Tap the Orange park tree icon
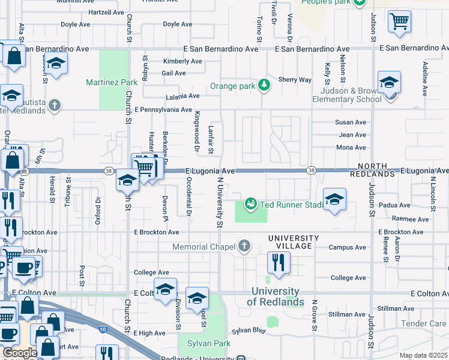pos(264,86)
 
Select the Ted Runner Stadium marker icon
pos(252,204)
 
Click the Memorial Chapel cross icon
pos(244,245)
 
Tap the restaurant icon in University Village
pos(279,262)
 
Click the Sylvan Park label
pos(197,343)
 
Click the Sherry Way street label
pos(295,80)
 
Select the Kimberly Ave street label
pos(182,61)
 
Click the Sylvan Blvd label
pos(249,331)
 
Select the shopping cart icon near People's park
pos(399,22)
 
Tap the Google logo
pos(20,353)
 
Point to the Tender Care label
pos(423,323)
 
